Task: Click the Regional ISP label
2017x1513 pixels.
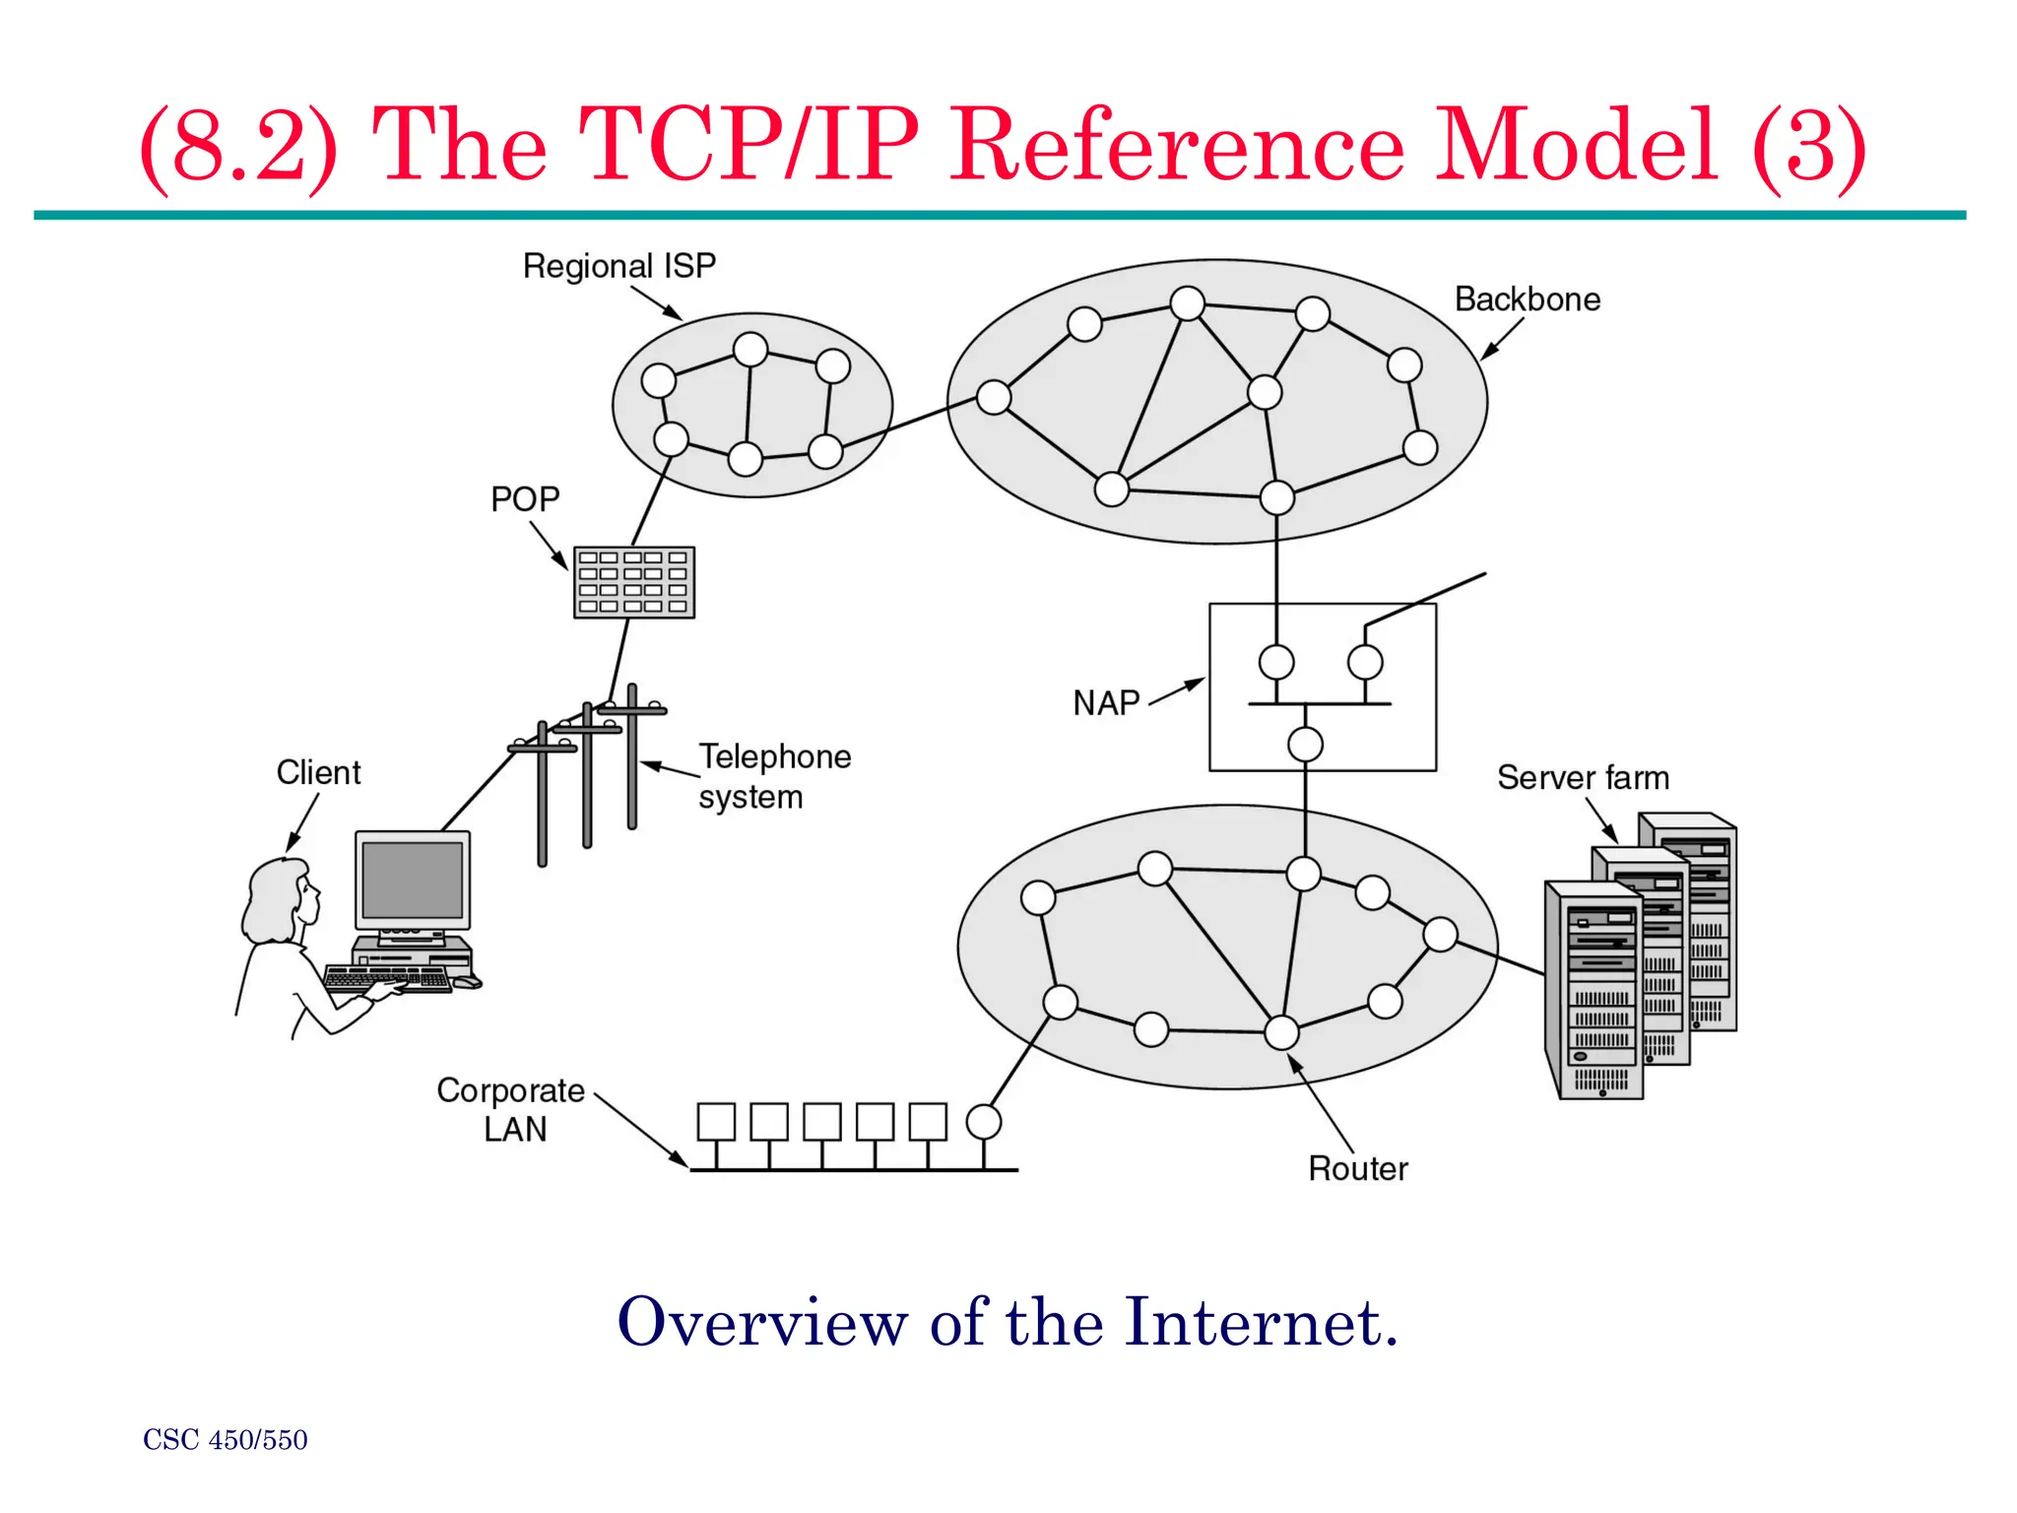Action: (x=618, y=266)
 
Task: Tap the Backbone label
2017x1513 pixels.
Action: (x=1528, y=299)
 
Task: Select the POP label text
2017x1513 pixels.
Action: (x=525, y=499)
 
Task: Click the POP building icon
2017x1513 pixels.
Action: (x=634, y=582)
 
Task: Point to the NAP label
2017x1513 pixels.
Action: (x=1106, y=703)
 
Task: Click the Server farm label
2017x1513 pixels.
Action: (x=1583, y=778)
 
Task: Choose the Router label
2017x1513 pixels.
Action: (x=1358, y=1169)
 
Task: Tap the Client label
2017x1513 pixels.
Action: (x=318, y=772)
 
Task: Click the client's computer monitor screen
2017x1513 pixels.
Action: (x=413, y=880)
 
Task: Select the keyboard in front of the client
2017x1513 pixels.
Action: (x=387, y=978)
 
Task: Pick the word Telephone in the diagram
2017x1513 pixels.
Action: (x=775, y=756)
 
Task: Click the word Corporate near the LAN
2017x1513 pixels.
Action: (x=510, y=1090)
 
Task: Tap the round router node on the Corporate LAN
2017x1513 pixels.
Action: (x=984, y=1122)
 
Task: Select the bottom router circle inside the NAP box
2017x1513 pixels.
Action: (x=1305, y=745)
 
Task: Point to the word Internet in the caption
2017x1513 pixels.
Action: (x=1261, y=1322)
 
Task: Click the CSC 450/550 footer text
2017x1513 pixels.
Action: (x=226, y=1440)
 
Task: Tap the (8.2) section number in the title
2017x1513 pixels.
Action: (x=239, y=147)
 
